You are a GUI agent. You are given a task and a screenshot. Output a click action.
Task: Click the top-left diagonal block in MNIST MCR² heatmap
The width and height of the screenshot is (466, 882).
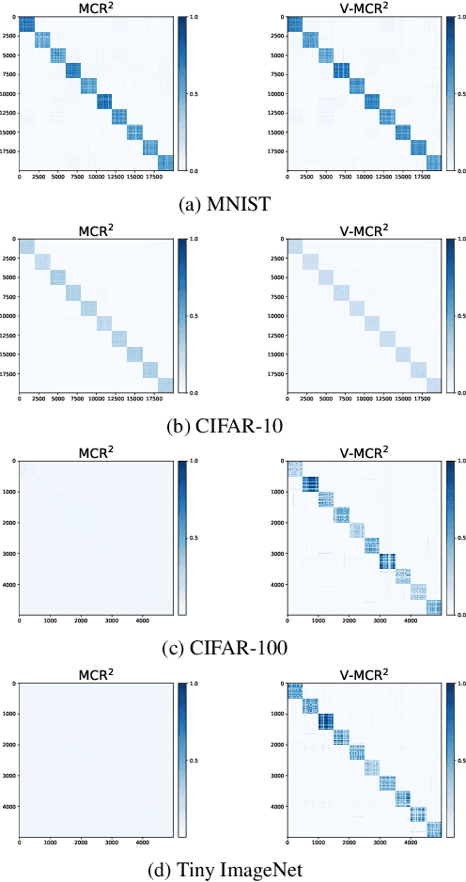pyautogui.click(x=26, y=24)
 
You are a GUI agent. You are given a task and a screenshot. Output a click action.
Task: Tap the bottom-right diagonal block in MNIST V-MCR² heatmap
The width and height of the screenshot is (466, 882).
pyautogui.click(x=434, y=163)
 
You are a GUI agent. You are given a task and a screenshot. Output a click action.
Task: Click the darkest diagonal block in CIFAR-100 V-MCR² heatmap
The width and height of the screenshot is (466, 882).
pyautogui.click(x=387, y=561)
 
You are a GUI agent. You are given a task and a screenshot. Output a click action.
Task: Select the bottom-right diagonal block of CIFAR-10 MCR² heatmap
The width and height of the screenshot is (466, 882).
pyautogui.click(x=165, y=385)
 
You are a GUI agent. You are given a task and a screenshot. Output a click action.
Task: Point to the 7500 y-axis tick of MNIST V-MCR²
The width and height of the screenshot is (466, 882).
pyautogui.click(x=275, y=74)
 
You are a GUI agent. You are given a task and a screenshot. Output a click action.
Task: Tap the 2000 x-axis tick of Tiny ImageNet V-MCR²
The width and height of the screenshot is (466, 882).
pyautogui.click(x=349, y=843)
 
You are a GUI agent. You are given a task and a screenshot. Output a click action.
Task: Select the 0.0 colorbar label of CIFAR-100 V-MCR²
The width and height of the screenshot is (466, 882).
pyautogui.click(x=460, y=615)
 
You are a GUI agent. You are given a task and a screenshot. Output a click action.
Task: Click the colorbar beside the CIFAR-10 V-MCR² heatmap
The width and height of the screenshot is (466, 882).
pyautogui.click(x=449, y=315)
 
